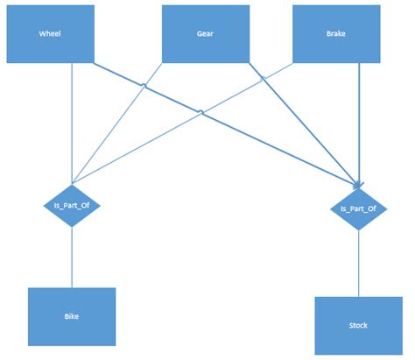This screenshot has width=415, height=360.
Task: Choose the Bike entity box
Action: coord(72,316)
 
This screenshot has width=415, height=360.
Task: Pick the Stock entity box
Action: coord(358,325)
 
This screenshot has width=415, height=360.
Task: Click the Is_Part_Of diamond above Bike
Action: coord(72,205)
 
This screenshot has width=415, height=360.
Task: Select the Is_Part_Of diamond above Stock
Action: coord(358,208)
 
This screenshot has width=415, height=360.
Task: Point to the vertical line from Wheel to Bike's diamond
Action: coord(72,123)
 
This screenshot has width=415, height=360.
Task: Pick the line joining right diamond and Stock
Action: coord(358,263)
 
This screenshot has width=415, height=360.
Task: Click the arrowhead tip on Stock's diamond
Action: coord(358,187)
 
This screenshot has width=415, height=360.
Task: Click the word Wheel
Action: coord(50,35)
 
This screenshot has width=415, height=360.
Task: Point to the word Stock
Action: coord(358,325)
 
